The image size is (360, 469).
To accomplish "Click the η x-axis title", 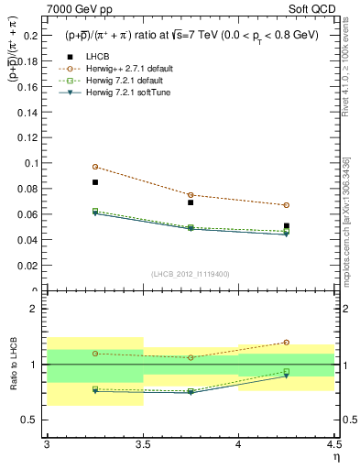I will [x=335, y=455].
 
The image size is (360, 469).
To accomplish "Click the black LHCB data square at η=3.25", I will [x=95, y=182].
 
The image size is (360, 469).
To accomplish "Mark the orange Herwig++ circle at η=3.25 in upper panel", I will [x=95, y=167].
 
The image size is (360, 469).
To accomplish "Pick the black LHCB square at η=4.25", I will [x=287, y=225].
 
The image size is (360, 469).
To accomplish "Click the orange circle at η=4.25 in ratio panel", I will [x=287, y=343].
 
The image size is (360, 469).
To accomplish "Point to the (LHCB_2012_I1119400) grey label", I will [x=191, y=274].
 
